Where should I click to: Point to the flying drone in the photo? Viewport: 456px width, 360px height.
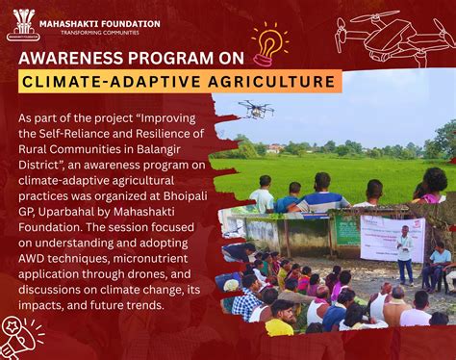[x=256, y=109]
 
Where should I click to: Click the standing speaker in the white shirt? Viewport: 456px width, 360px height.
[x=404, y=252]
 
